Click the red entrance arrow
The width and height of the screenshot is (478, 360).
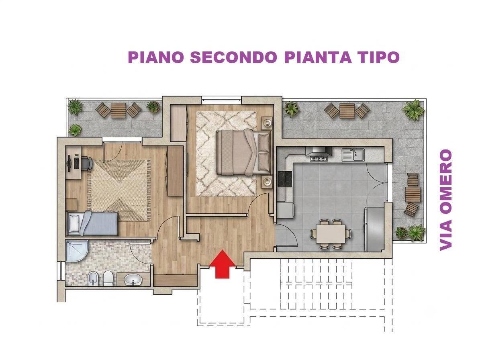pos(223,264)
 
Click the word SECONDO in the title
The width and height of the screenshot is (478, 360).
pos(233,57)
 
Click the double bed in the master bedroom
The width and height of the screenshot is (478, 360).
pos(243,152)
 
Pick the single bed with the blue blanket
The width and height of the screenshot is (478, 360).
pos(92,223)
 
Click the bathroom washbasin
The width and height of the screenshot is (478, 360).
pos(133,279)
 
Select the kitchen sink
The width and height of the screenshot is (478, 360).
pos(353,155)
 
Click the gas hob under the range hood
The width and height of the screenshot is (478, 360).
pos(319,158)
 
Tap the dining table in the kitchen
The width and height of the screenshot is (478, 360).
pos(331,233)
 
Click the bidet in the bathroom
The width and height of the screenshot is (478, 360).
pos(92,278)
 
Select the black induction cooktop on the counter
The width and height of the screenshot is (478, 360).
pos(285,179)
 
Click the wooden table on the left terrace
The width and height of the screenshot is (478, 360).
pos(118,110)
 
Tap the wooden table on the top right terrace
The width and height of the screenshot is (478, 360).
pos(347,110)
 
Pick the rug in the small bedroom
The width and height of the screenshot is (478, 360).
pos(119,190)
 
